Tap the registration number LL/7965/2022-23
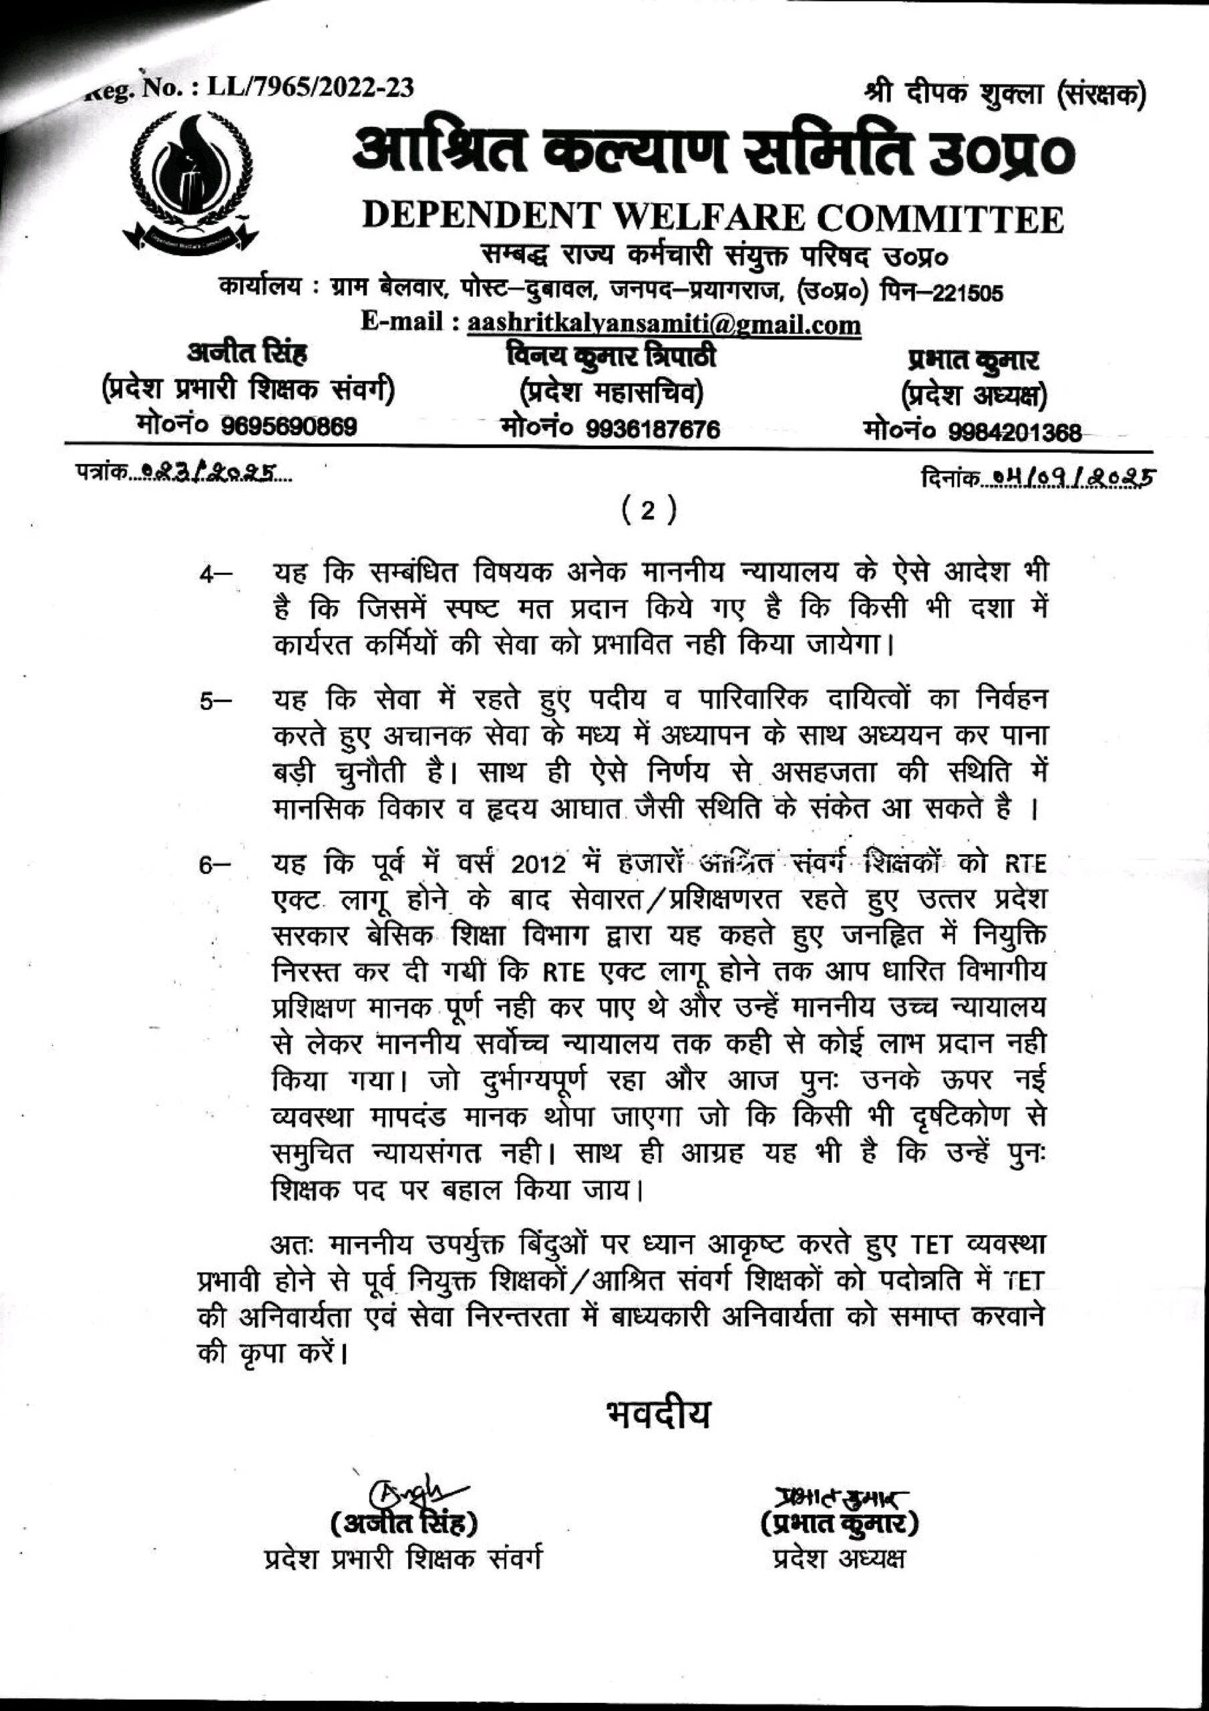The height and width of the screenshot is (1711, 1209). [309, 89]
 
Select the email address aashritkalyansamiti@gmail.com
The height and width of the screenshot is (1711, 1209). [663, 325]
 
